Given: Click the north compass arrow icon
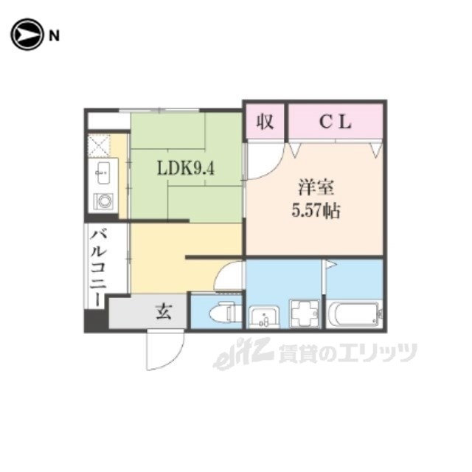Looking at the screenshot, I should pyautogui.click(x=26, y=34).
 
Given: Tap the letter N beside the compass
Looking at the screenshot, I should pyautogui.click(x=53, y=35).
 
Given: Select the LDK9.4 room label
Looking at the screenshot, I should pyautogui.click(x=185, y=168).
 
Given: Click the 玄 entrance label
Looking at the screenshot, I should pyautogui.click(x=163, y=312).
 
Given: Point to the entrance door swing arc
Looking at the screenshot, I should pyautogui.click(x=164, y=350).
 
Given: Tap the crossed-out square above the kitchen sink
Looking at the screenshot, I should pyautogui.click(x=98, y=144).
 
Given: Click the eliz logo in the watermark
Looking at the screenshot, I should pyautogui.click(x=234, y=356).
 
